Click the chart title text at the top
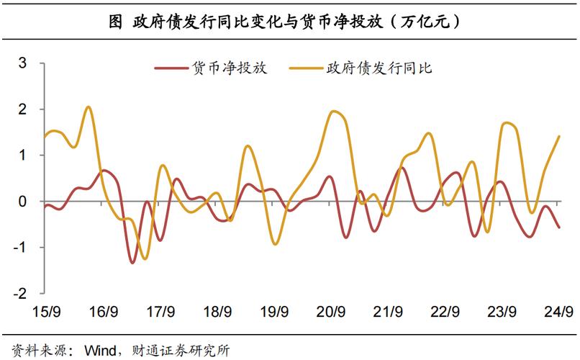pyautogui.click(x=289, y=21)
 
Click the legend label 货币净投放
pyautogui.click(x=230, y=68)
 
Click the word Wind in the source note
pyautogui.click(x=100, y=349)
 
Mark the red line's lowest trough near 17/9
pyautogui.click(x=132, y=263)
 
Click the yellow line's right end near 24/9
pyautogui.click(x=559, y=136)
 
